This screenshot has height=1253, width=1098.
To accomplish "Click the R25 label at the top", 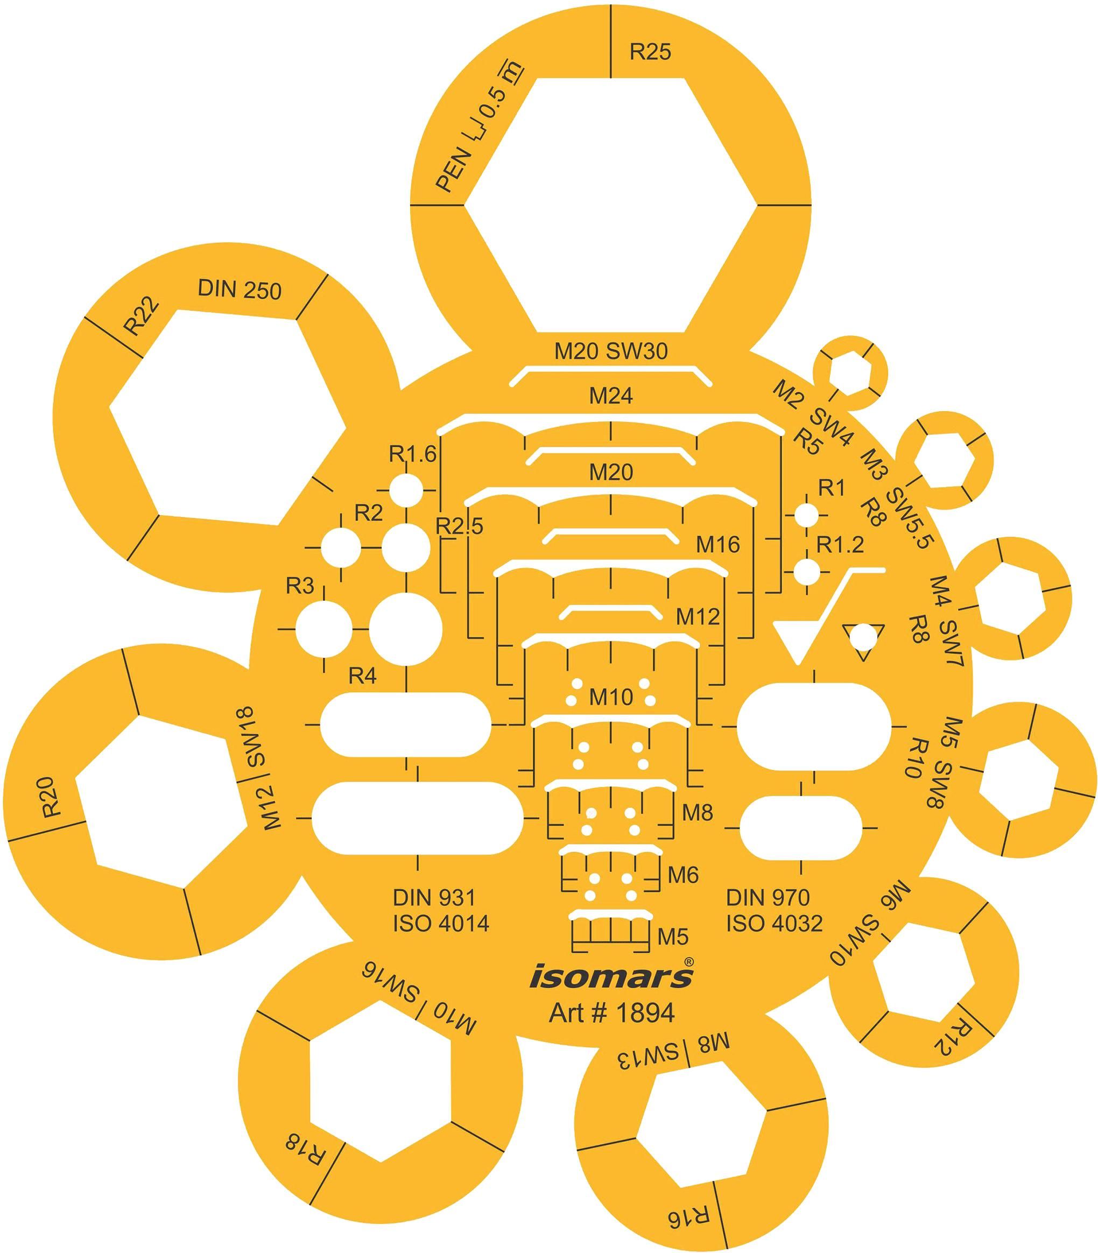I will click(650, 52).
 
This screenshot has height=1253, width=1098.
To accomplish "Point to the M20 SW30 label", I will click(610, 351).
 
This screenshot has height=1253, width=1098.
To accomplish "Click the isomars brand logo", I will click(611, 976).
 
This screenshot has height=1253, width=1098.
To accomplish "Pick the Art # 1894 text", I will click(611, 1013).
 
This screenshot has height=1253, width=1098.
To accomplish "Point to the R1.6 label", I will click(412, 454).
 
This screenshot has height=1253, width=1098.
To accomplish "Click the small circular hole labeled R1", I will click(806, 515).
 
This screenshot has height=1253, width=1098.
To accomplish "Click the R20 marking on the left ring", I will click(52, 797).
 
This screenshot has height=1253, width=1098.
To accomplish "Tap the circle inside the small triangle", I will click(862, 637).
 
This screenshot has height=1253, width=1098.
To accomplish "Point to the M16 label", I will click(717, 544).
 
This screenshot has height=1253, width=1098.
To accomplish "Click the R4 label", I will click(362, 676).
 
